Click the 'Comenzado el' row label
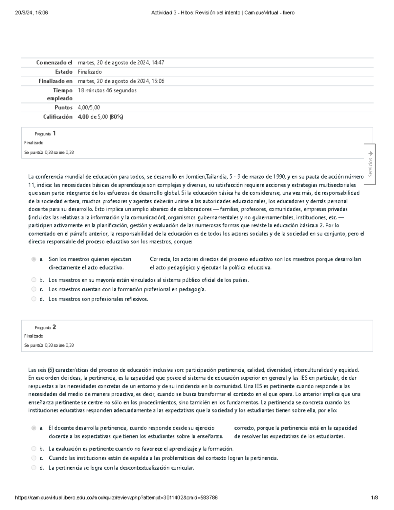54,63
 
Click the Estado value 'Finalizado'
90,72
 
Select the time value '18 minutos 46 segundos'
107,90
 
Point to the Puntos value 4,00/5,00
89,107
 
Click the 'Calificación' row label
58,117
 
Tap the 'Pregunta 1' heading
45,133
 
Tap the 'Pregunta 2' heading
45,327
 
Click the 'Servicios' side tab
370,164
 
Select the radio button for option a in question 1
33,259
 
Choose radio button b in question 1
33,280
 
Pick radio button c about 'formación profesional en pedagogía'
33,289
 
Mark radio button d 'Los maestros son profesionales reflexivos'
33,299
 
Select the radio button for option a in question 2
33,428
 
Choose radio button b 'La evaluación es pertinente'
33,449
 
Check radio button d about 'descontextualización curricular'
33,468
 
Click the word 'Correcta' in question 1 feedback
160,259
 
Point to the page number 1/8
374,498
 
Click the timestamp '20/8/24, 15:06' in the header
32,13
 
